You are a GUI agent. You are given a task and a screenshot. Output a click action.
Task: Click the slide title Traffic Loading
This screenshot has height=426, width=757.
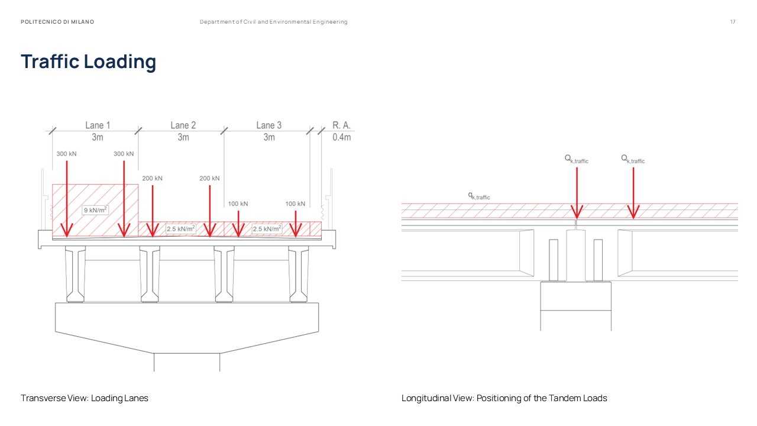coord(89,62)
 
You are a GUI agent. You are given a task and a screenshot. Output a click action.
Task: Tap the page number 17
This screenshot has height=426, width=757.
coord(733,22)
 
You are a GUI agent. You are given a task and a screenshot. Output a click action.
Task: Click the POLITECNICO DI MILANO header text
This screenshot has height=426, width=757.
coord(57,22)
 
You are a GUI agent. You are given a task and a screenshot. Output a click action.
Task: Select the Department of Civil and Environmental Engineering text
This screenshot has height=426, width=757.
coord(273,22)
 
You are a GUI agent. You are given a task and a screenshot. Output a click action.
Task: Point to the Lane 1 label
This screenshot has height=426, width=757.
coord(98,125)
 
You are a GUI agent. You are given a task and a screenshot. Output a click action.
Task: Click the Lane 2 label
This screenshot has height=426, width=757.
coord(183,125)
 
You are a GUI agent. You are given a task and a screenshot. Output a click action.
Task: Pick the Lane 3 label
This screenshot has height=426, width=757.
coord(268,125)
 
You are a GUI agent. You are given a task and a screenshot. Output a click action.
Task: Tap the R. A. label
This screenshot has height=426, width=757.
coord(341,125)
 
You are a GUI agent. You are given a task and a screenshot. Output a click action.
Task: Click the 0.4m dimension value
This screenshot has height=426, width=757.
coord(341,137)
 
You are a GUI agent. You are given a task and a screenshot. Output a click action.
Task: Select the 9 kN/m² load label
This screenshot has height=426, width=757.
coord(95,209)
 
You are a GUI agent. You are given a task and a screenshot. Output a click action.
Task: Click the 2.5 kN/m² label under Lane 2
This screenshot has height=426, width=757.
coord(180,229)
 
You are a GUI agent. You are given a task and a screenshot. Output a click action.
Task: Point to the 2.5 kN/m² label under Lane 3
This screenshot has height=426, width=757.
coord(266,229)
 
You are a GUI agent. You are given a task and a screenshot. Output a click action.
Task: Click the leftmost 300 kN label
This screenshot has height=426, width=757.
coord(66,154)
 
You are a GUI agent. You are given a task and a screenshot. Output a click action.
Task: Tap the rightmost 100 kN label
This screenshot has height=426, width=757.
coord(295,204)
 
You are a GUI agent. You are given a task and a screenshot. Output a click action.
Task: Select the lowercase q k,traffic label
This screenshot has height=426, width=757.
coord(479,195)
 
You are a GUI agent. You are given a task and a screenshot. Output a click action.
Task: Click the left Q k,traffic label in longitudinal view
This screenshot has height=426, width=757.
coord(576,159)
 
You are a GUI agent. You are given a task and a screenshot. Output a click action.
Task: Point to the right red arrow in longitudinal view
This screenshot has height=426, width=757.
coord(633,195)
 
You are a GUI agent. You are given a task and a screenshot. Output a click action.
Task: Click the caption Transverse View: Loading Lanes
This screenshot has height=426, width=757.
coord(85,398)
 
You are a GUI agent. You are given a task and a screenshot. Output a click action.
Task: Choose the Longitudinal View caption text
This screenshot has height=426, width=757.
coord(504,398)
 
